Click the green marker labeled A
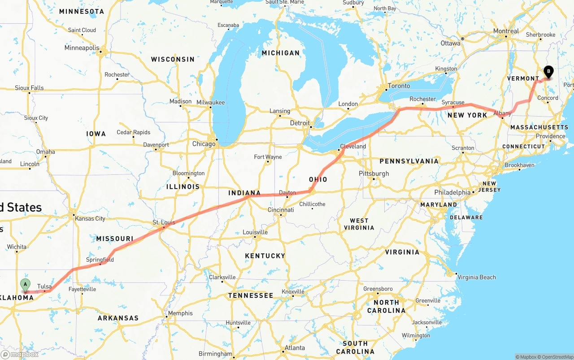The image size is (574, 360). pos(26,284)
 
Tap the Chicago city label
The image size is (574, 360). pos(204,144)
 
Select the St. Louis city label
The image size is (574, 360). pos(164,222)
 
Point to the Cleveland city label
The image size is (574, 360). pos(353,146)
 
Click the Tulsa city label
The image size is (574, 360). pos(44,286)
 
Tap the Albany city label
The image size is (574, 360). pos(502,113)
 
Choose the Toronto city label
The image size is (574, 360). pos(399,86)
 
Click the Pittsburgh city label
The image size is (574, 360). pos(374,173)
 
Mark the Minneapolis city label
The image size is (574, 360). pos(82,48)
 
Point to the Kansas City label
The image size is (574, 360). pos(90,218)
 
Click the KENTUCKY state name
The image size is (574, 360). pos(265,256)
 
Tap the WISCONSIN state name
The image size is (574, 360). pos(173,59)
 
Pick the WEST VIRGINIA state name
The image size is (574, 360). pos(359,224)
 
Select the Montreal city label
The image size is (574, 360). pos(506,31)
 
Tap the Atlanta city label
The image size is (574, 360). pos(295,348)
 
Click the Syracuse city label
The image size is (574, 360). pos(453,102)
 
